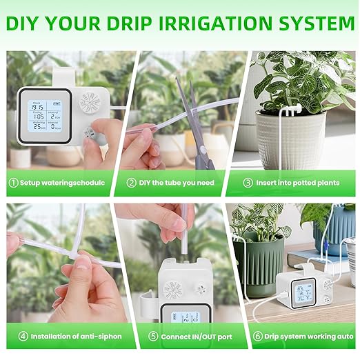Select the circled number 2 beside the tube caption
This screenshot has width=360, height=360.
tap(132, 183)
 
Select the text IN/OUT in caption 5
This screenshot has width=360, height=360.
tap(192, 337)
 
